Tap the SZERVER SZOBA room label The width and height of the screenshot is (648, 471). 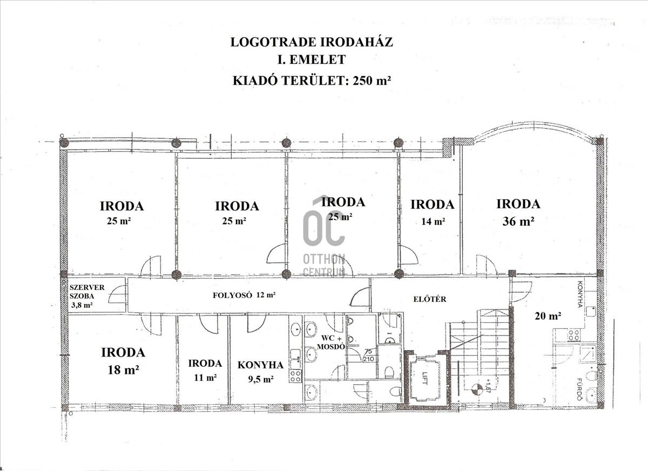(x=87, y=292)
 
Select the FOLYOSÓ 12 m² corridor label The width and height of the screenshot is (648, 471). (x=244, y=295)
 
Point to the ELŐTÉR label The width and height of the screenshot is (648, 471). (x=430, y=299)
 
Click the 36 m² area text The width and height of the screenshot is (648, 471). (x=518, y=221)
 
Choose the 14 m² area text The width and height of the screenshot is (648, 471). (x=433, y=221)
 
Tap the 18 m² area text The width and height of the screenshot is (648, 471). (x=123, y=369)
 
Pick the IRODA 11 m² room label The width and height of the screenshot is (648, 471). (x=205, y=371)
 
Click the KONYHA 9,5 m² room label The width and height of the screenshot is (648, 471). (x=261, y=372)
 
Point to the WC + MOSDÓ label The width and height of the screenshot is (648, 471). (x=331, y=342)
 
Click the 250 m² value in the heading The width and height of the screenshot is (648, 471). (x=372, y=80)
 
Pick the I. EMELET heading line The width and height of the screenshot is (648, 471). (x=312, y=60)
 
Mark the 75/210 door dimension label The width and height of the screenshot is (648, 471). (x=369, y=355)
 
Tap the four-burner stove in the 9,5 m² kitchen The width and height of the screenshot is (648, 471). (x=295, y=376)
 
